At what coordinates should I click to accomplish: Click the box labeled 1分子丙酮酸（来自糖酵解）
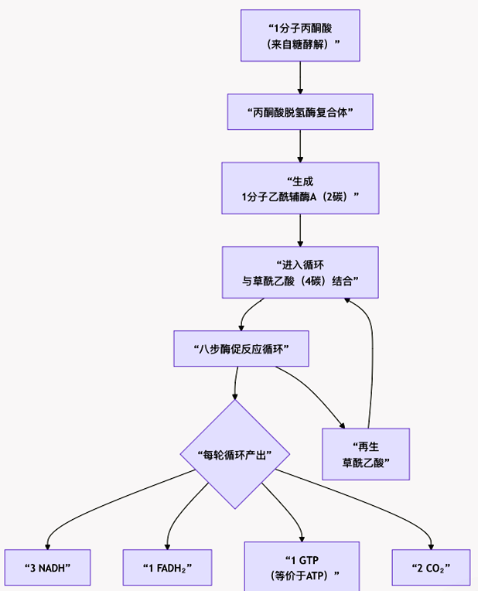[300, 36]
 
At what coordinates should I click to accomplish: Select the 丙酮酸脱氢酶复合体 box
[300, 112]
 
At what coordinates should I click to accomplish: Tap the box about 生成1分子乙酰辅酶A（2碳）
[300, 188]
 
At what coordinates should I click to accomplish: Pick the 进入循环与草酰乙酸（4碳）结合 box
[300, 272]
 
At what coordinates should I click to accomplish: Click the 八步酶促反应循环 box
[241, 349]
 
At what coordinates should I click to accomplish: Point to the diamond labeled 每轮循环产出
[235, 454]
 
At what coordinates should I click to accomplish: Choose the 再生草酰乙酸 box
[366, 455]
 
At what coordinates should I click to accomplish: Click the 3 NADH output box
[47, 568]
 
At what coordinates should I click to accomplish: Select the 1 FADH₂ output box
[167, 568]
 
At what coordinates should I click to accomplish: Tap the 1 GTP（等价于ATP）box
[302, 568]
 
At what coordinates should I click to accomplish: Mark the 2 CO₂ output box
[431, 568]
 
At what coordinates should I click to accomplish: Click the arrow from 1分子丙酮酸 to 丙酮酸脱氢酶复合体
[300, 77]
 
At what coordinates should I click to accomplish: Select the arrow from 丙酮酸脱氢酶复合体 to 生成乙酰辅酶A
[300, 145]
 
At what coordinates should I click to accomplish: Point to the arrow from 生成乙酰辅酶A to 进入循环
[300, 230]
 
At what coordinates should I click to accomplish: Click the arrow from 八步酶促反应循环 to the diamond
[235, 383]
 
